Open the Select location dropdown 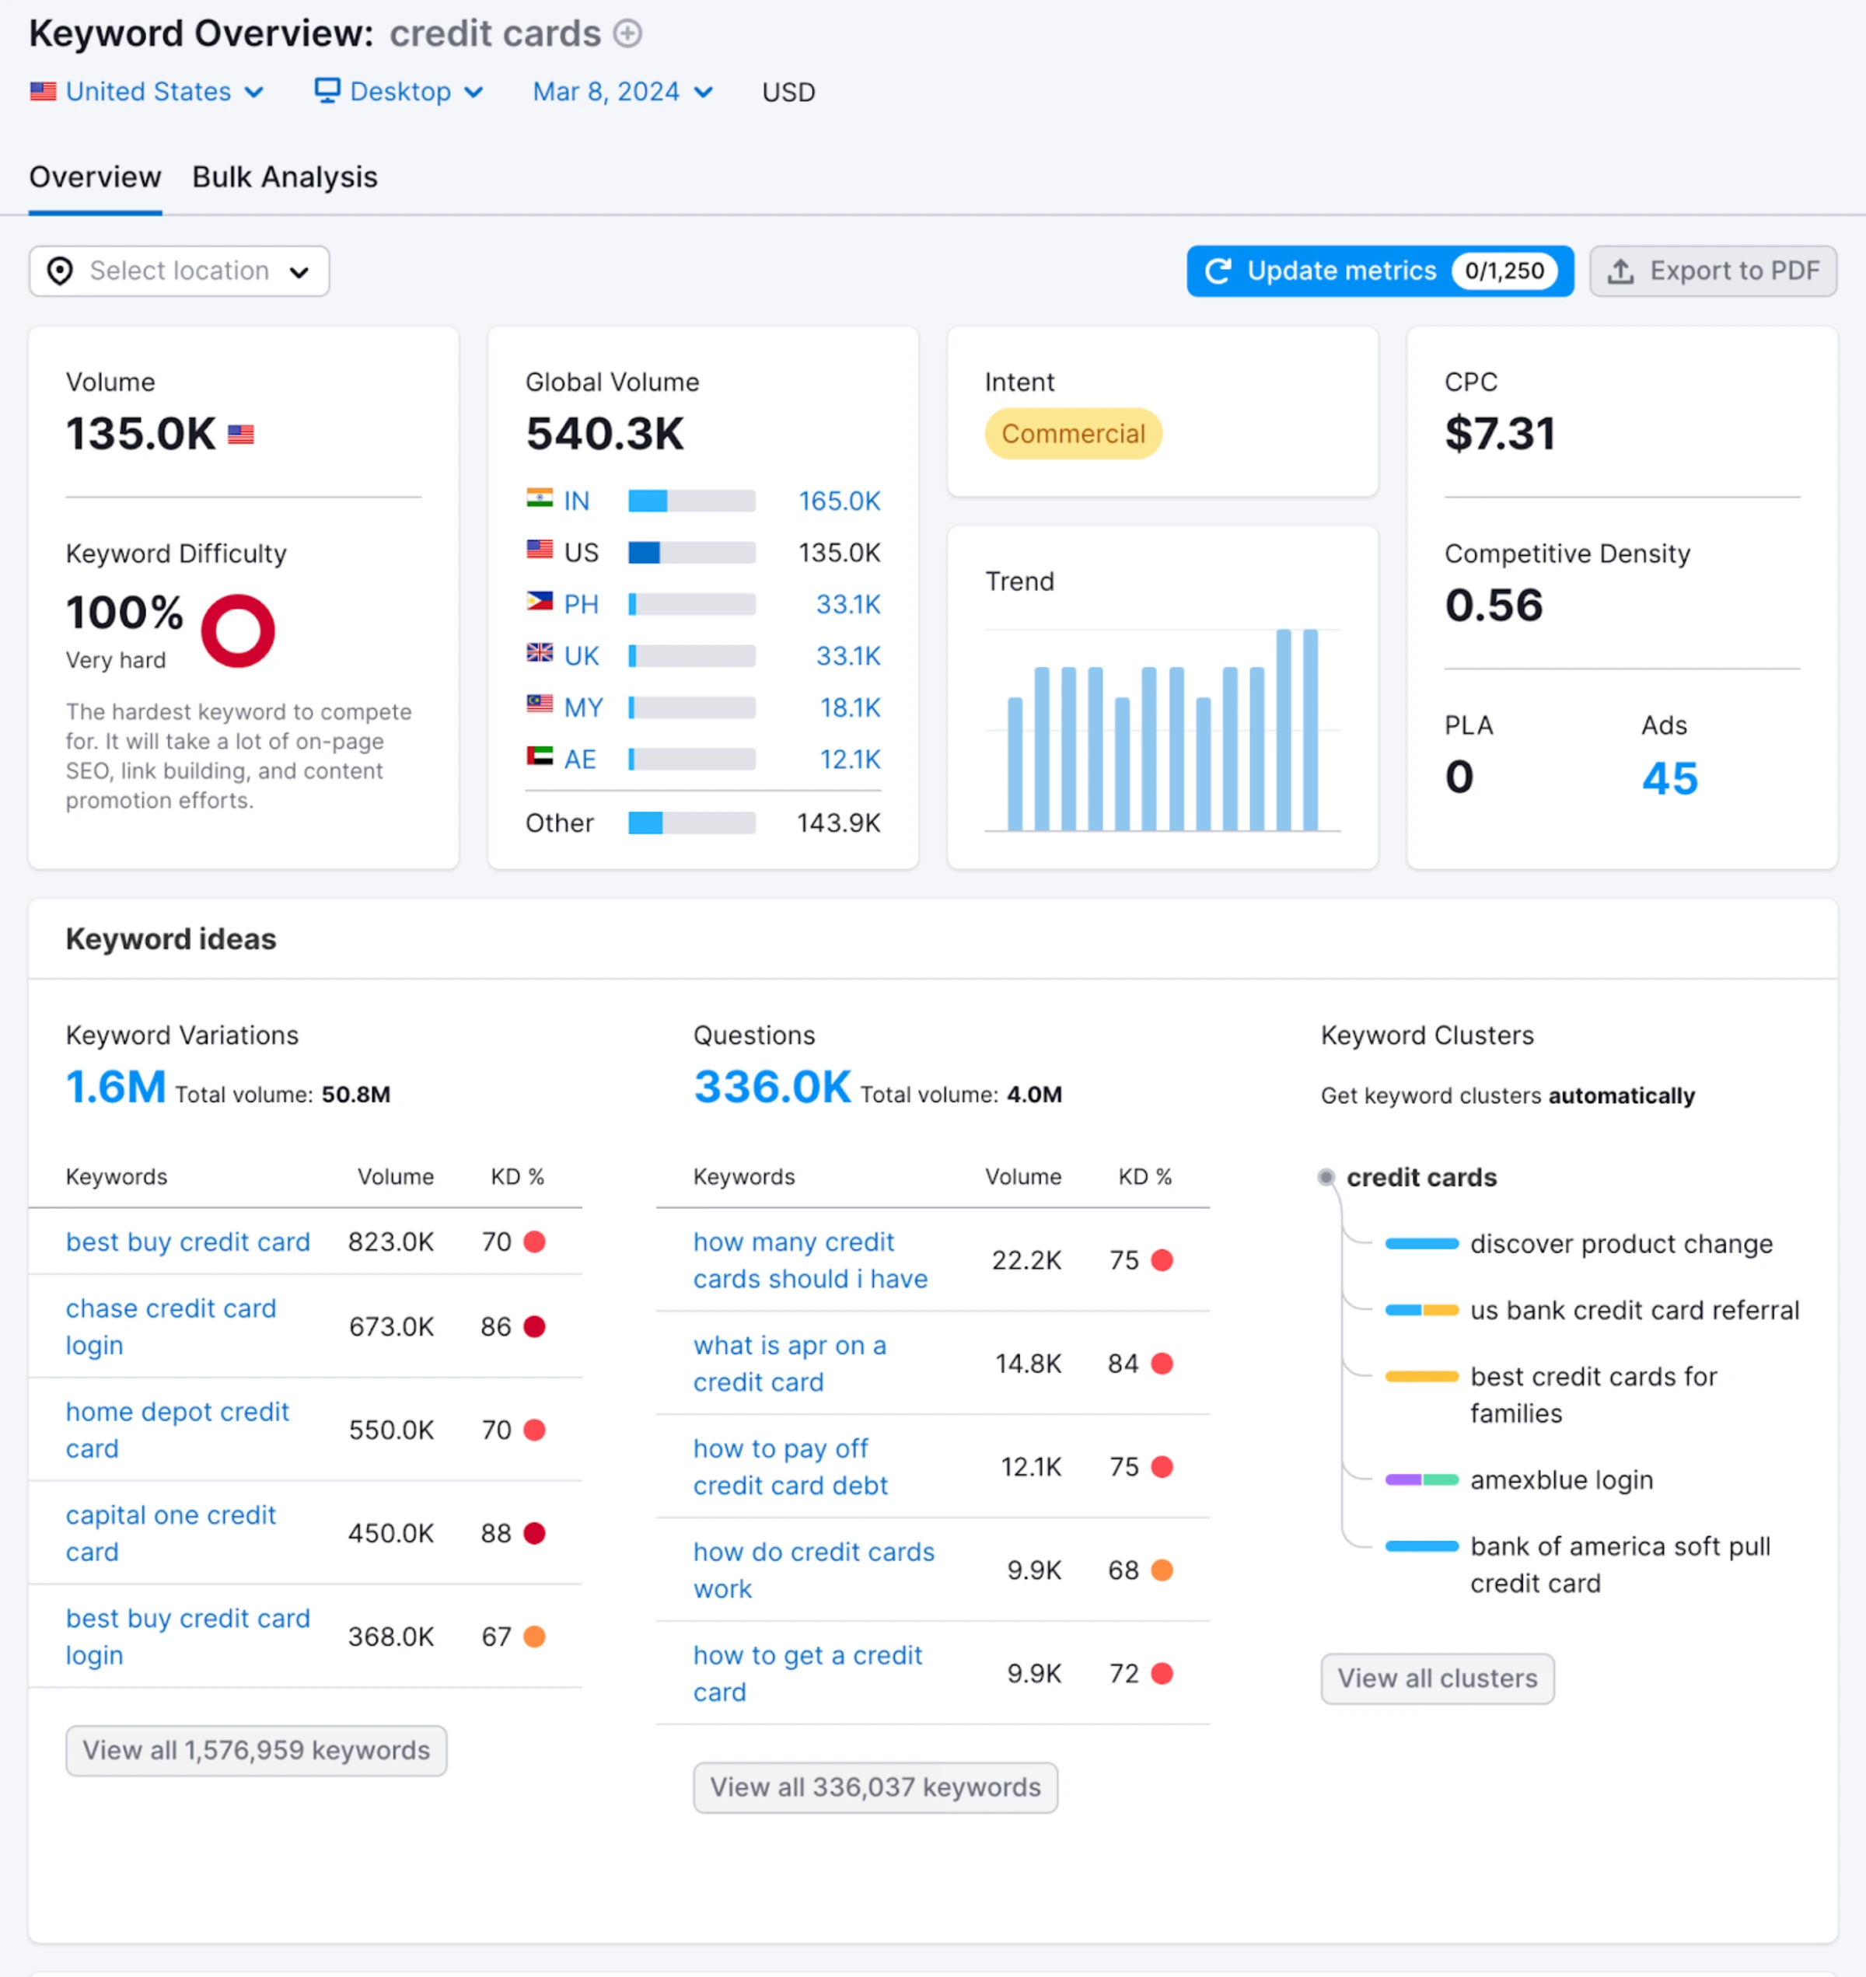click(179, 271)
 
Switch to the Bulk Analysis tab click(285, 177)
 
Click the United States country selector click(147, 92)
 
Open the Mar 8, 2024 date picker click(622, 92)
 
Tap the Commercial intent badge click(1072, 434)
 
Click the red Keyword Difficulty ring click(238, 630)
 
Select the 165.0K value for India click(838, 501)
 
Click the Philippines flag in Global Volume click(539, 602)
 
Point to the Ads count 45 click(1669, 777)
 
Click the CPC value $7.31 click(1499, 434)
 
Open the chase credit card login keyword click(170, 1326)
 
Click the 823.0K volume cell click(390, 1242)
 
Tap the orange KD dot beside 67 click(534, 1636)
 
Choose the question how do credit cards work click(812, 1570)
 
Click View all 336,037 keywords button click(875, 1787)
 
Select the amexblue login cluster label click(1560, 1479)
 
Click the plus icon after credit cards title click(627, 33)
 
